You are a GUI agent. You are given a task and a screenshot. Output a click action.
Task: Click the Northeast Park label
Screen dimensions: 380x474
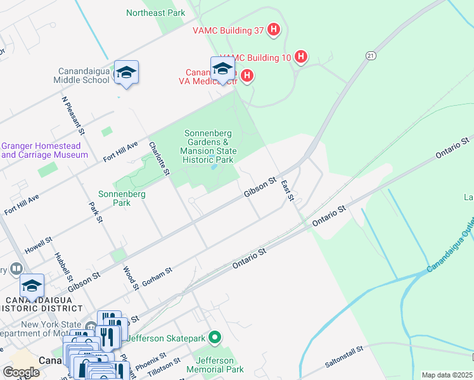coord(155,13)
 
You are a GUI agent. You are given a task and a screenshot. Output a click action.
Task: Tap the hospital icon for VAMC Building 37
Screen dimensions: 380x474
coord(274,29)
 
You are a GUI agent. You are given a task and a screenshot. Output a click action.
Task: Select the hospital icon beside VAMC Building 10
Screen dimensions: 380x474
coord(301,58)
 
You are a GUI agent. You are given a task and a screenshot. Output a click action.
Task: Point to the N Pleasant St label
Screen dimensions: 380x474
coord(74,116)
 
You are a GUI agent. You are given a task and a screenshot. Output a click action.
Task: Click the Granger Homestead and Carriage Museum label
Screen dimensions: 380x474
coord(44,150)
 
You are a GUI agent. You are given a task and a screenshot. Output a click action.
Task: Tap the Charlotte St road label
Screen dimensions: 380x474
coord(160,158)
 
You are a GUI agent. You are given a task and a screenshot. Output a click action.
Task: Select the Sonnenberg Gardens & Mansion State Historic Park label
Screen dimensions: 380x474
coord(208,147)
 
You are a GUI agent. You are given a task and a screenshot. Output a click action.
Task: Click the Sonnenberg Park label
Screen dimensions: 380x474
coord(123,198)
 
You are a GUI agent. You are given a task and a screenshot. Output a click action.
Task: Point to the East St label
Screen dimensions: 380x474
coord(288,191)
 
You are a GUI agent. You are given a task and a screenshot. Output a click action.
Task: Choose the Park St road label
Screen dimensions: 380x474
coord(96,213)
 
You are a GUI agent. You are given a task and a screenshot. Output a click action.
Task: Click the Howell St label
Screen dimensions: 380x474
coord(38,247)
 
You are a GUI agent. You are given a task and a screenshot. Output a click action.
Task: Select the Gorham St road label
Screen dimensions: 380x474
coord(157,277)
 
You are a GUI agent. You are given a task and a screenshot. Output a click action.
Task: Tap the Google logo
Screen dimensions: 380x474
coord(21,372)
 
